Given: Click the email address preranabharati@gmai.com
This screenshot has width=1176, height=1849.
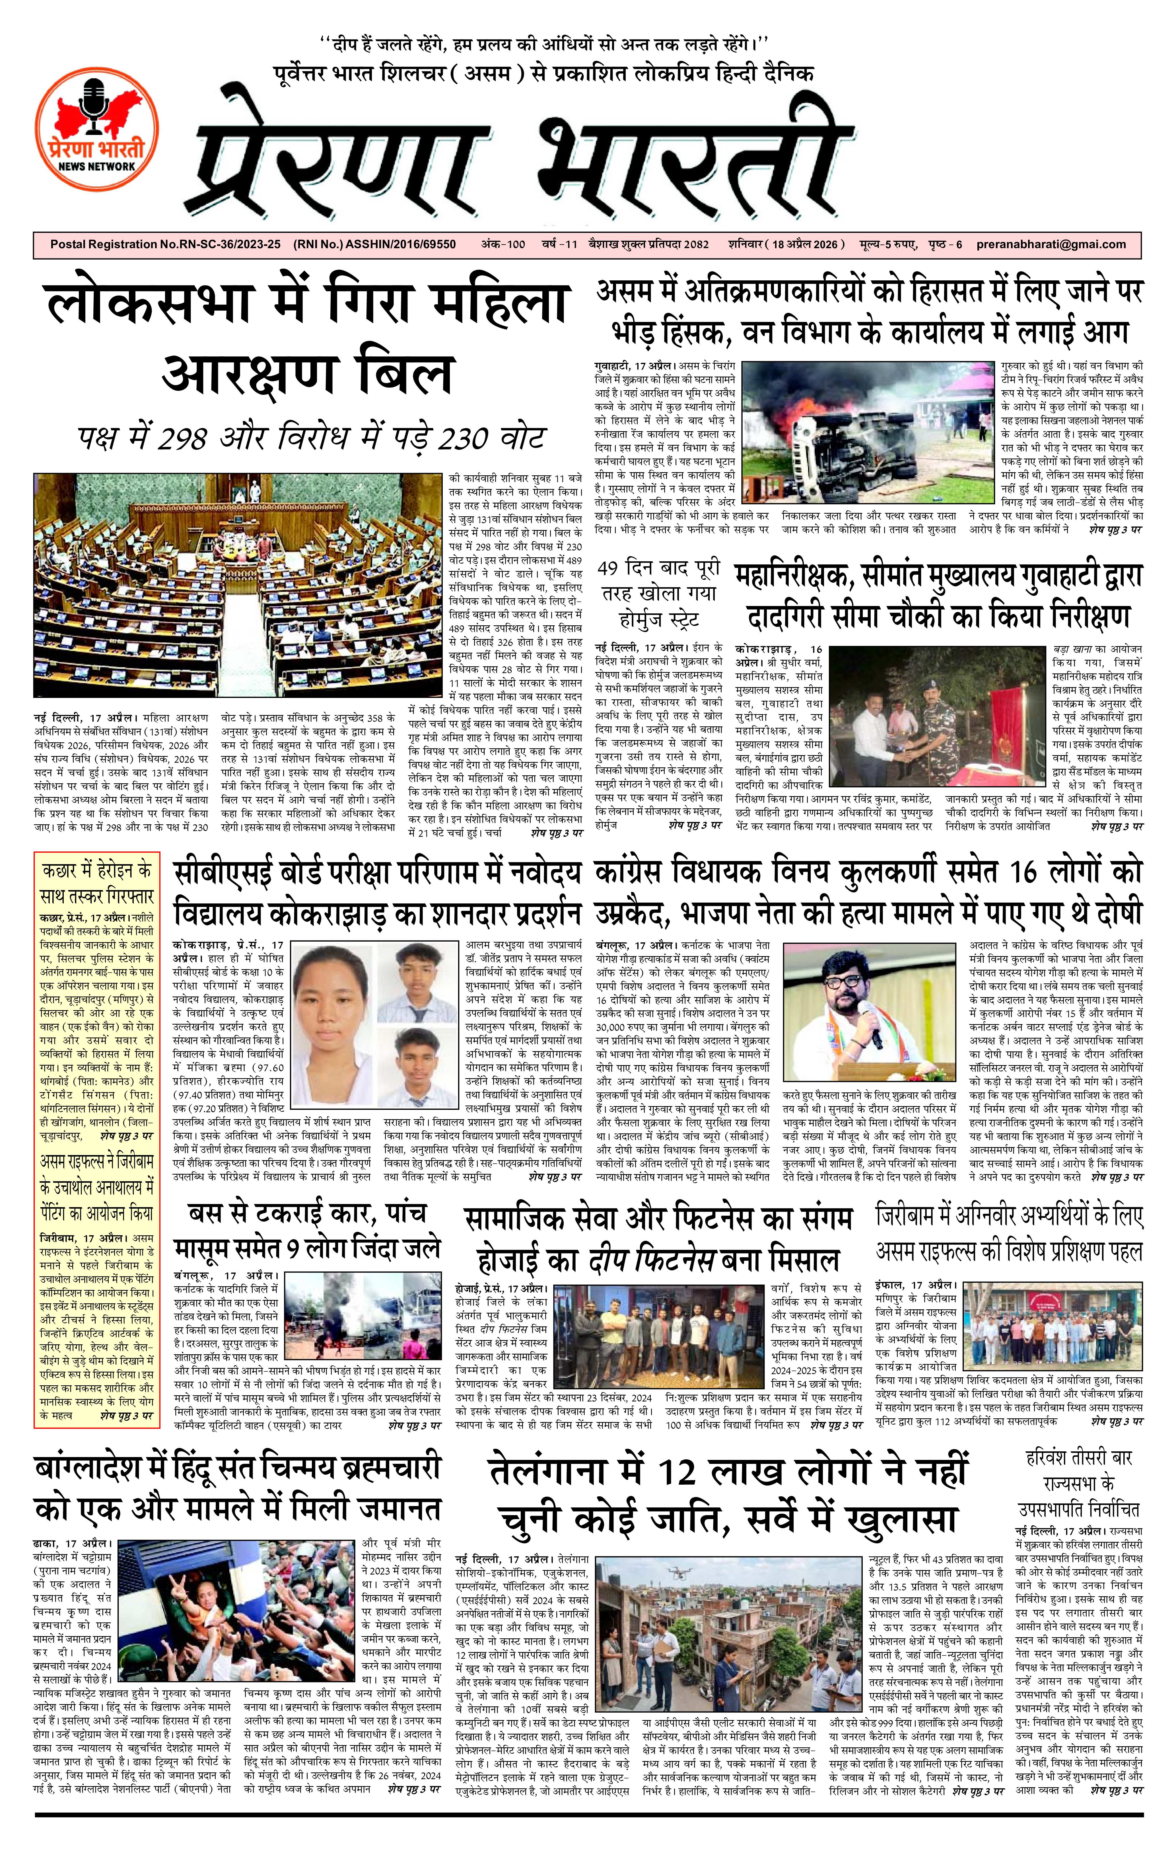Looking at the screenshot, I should tap(1052, 244).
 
